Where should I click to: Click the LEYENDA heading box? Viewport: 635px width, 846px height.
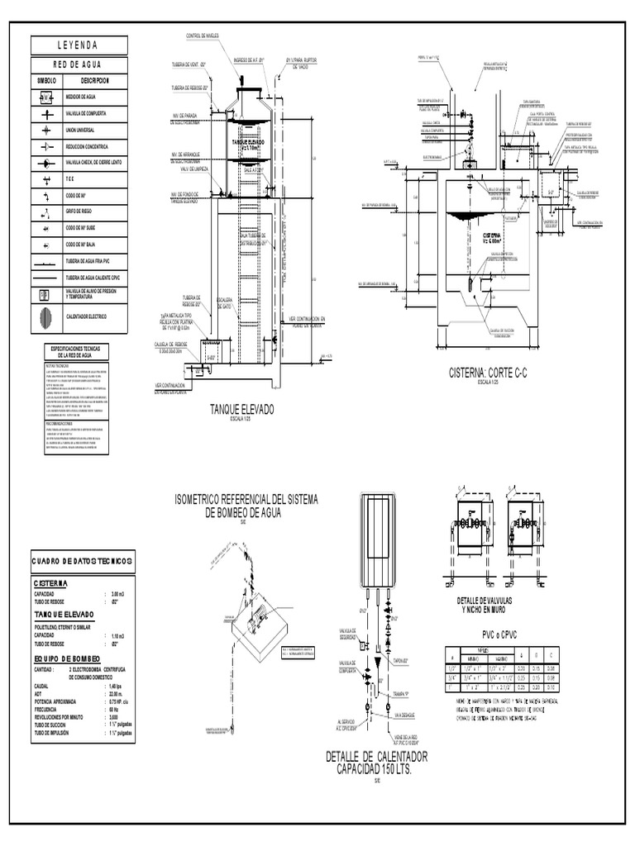coord(79,45)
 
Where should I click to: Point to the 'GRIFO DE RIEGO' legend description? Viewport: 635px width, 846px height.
coord(84,211)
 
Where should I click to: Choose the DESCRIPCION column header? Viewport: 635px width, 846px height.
coord(95,81)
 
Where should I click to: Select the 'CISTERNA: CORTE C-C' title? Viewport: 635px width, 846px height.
coord(487,374)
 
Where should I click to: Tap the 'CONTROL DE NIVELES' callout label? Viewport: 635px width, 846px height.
coord(202,36)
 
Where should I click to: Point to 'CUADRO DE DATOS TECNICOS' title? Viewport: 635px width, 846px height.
coord(80,562)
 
